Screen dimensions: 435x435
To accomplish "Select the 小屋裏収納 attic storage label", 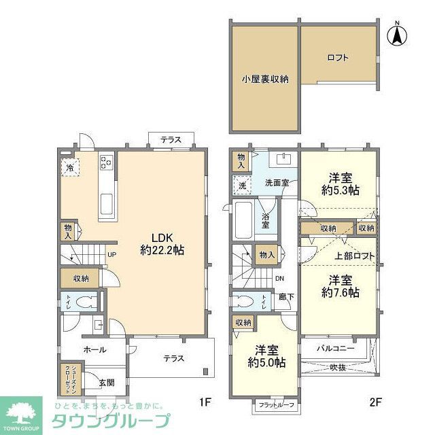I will [264, 79].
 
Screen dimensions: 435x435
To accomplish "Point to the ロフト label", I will [337, 58].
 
